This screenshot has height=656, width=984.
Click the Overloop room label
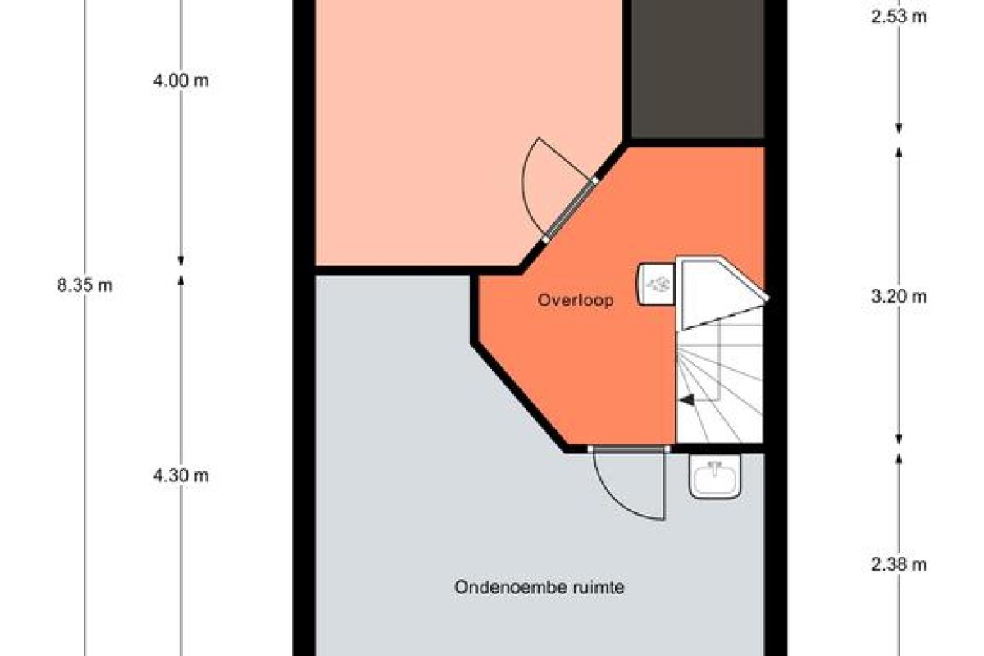(x=576, y=301)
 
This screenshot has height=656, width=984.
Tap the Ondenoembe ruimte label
(x=540, y=587)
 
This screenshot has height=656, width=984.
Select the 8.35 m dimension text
(x=84, y=285)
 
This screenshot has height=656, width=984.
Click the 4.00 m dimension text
(x=180, y=81)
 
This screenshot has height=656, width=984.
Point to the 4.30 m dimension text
(x=180, y=476)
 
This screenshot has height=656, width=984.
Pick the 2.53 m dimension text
(x=899, y=16)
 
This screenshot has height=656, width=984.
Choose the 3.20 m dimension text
(x=899, y=297)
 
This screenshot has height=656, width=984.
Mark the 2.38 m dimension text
(x=899, y=564)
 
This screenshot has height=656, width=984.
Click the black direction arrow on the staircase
(x=686, y=400)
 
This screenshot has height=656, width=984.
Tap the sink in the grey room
(x=715, y=476)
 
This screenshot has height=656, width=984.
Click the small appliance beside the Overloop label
(x=656, y=285)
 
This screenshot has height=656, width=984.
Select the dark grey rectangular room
(x=698, y=69)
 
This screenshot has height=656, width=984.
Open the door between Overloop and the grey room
(x=629, y=483)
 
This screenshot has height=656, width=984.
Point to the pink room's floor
(x=440, y=132)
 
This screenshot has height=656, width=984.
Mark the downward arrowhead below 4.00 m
(x=180, y=261)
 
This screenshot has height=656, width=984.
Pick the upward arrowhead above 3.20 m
(x=899, y=152)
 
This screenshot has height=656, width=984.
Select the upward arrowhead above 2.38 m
(x=899, y=458)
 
